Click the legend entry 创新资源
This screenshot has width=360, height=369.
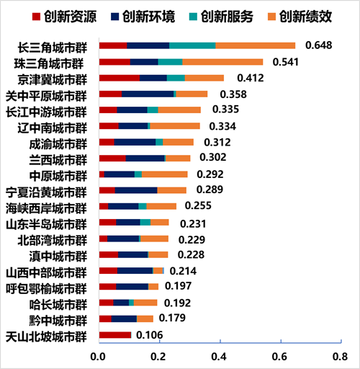click(x=64, y=17)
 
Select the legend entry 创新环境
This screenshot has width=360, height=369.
click(x=143, y=17)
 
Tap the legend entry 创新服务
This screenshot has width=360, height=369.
click(x=221, y=17)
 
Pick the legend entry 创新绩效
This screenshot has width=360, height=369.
click(x=300, y=17)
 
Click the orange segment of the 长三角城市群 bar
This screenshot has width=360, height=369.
click(x=256, y=45)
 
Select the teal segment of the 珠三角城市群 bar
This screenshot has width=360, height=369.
click(x=170, y=62)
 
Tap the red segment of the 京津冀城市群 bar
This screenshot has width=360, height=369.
click(x=120, y=78)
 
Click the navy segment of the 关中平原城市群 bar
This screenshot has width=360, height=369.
click(x=148, y=94)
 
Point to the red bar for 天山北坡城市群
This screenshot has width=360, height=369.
click(x=115, y=335)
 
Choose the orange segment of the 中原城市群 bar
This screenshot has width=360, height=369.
click(x=165, y=174)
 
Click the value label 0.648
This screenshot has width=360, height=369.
click(x=319, y=45)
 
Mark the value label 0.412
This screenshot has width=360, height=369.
click(x=251, y=78)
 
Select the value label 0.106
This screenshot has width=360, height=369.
click(x=150, y=335)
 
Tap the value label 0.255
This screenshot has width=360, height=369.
click(x=198, y=205)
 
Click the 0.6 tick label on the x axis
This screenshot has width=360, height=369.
click(x=279, y=357)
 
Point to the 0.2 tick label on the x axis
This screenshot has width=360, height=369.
click(x=158, y=357)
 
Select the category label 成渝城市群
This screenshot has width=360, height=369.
click(x=58, y=144)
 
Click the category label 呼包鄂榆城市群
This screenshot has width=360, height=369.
click(x=46, y=288)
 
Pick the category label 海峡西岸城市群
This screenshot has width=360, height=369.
click(x=46, y=208)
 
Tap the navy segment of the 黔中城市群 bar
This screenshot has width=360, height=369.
click(x=124, y=319)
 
